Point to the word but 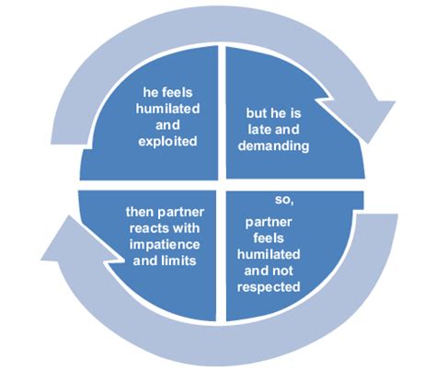click(257, 113)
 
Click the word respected click(274, 285)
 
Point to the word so click(284, 199)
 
